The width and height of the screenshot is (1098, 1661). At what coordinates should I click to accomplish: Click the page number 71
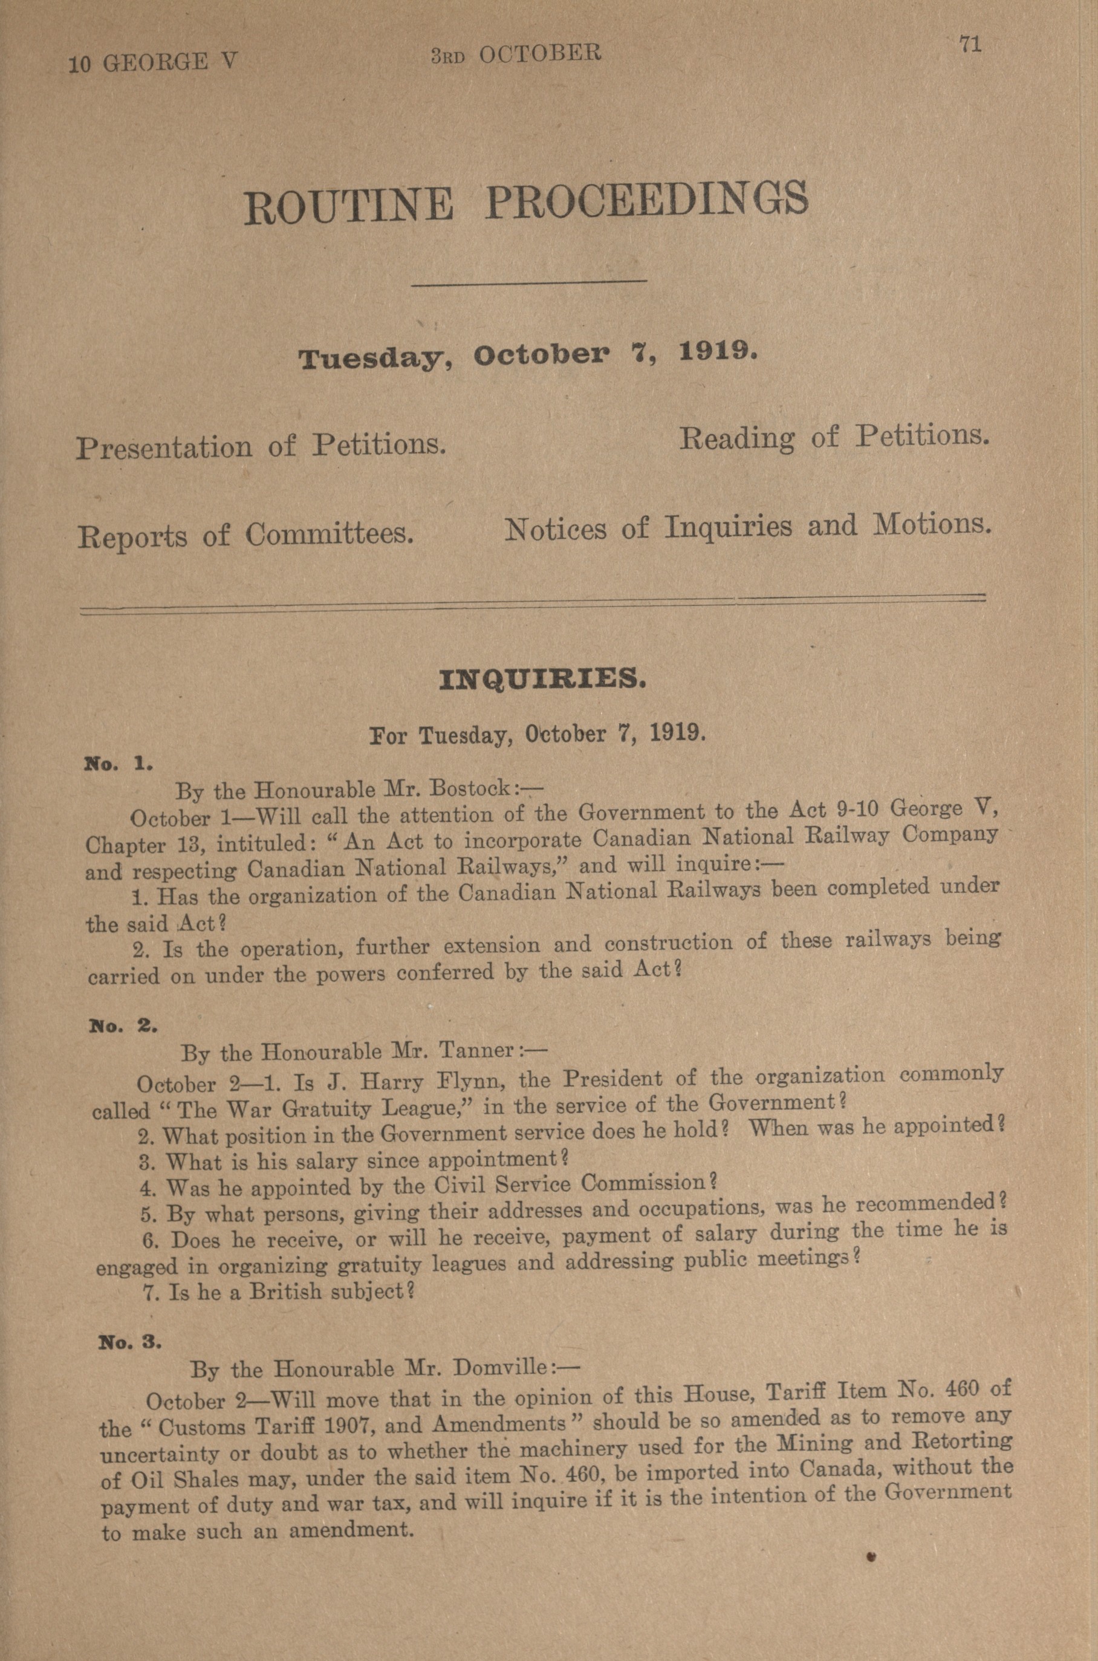click(x=970, y=45)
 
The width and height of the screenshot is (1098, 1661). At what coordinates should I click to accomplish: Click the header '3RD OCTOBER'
click(x=516, y=54)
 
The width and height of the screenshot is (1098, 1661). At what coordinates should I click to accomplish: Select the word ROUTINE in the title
click(x=348, y=205)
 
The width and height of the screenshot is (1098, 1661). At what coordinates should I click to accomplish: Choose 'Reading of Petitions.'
click(x=835, y=437)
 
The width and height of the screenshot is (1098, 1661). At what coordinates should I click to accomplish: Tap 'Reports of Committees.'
click(x=245, y=535)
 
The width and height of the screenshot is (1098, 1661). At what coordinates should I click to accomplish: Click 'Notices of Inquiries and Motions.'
click(x=748, y=527)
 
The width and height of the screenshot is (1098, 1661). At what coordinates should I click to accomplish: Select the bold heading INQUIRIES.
click(x=542, y=679)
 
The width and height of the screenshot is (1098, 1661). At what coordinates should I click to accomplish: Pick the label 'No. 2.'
click(x=123, y=1026)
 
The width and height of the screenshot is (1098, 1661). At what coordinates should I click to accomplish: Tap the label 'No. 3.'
click(x=130, y=1342)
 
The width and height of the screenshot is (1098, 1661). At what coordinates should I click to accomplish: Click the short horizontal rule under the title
click(x=528, y=282)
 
